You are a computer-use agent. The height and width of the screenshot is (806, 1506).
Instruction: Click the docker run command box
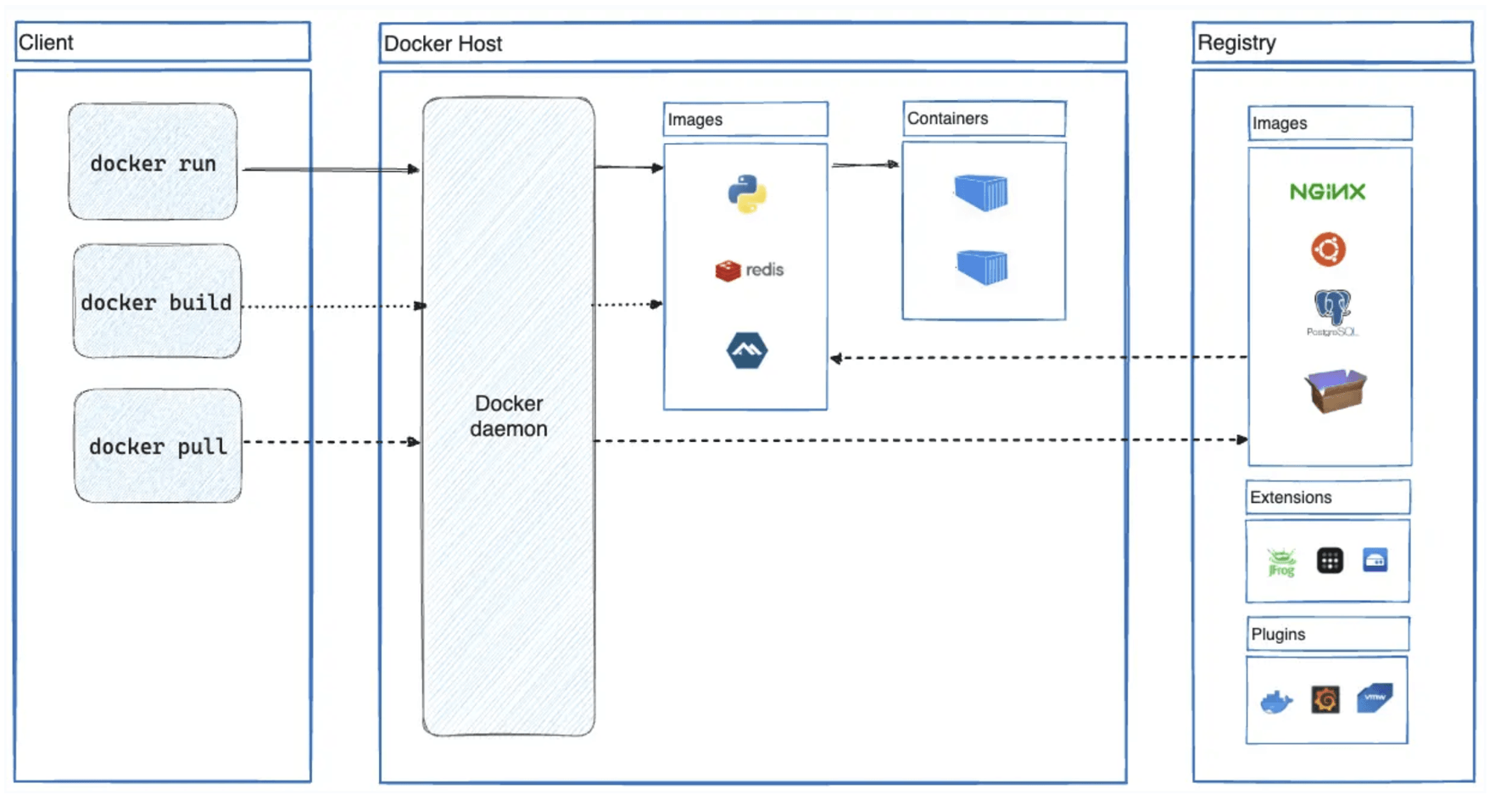coord(153,162)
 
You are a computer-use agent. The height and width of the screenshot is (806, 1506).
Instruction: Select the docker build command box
coord(157,302)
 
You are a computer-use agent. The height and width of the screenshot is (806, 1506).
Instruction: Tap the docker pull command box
coord(158,446)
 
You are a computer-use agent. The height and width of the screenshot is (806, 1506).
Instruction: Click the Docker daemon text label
coord(509,416)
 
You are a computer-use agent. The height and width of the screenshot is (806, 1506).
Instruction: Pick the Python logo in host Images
coord(746,193)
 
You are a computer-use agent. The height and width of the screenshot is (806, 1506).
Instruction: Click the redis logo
coord(749,270)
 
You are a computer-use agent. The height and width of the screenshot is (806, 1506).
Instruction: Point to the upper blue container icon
coord(981,193)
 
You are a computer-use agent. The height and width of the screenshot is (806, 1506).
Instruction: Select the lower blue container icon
coord(982,267)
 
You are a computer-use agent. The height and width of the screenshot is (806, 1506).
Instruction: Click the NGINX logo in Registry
coord(1327,192)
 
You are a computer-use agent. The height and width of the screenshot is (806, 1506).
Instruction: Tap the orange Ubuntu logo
coord(1328,249)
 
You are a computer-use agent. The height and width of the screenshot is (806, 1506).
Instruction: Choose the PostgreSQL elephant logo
coord(1331,309)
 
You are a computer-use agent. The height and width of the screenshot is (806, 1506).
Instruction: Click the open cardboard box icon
coord(1335,390)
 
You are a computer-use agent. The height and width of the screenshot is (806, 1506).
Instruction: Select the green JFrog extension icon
coord(1281,562)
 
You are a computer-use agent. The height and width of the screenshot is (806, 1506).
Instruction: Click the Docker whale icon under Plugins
coord(1275,702)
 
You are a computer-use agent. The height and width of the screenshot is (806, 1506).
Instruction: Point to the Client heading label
coord(46,42)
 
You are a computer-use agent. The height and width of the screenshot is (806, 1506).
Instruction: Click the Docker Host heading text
coord(443,43)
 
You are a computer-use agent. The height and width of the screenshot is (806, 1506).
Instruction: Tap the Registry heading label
coord(1236,42)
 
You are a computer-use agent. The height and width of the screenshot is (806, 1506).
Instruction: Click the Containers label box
coord(984,119)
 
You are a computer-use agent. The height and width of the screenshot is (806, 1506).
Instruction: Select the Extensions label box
coord(1327,497)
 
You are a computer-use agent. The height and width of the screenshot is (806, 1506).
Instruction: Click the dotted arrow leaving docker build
coord(331,306)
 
